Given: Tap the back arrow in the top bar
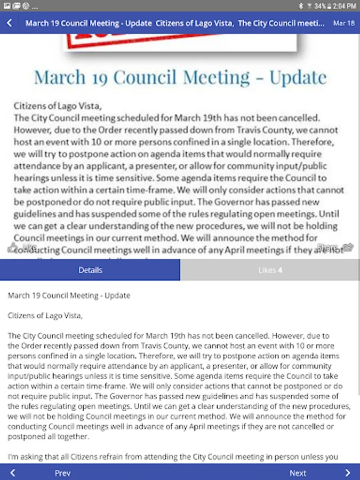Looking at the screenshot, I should pos(10,23).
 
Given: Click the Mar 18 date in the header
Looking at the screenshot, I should pos(343,23).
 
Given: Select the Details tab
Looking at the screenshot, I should pos(90,270).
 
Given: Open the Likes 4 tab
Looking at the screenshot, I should pos(270,270).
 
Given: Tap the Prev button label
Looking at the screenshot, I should pos(62,473).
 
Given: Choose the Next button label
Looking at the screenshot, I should pos(298,473).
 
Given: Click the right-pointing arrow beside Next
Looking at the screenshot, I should pos(348,473).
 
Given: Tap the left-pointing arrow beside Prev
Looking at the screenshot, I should pos(13,473).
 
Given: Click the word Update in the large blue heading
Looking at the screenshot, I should pos(298,78).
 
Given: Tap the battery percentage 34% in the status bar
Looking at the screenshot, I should pos(320,6).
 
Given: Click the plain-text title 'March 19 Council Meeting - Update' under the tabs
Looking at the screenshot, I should pos(69,295).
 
